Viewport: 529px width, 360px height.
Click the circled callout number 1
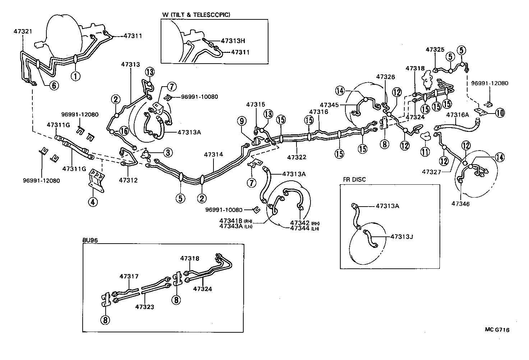[x=76, y=76]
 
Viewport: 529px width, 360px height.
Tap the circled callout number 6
[x=53, y=85]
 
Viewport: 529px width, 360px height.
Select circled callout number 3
[x=167, y=152]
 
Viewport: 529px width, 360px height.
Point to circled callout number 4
[x=92, y=202]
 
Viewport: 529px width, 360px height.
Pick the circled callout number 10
[x=500, y=113]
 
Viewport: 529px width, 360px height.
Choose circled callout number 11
[x=425, y=152]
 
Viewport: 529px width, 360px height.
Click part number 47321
[x=23, y=32]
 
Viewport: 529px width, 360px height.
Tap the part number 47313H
[x=235, y=41]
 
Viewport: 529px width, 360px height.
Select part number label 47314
[x=213, y=155]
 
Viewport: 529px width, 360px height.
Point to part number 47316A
[x=457, y=115]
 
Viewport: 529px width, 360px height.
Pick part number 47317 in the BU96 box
[x=129, y=276]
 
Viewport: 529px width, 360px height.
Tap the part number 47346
[x=461, y=204]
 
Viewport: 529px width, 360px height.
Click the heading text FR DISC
[x=354, y=180]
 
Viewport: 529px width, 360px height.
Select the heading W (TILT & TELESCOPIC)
[x=196, y=15]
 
